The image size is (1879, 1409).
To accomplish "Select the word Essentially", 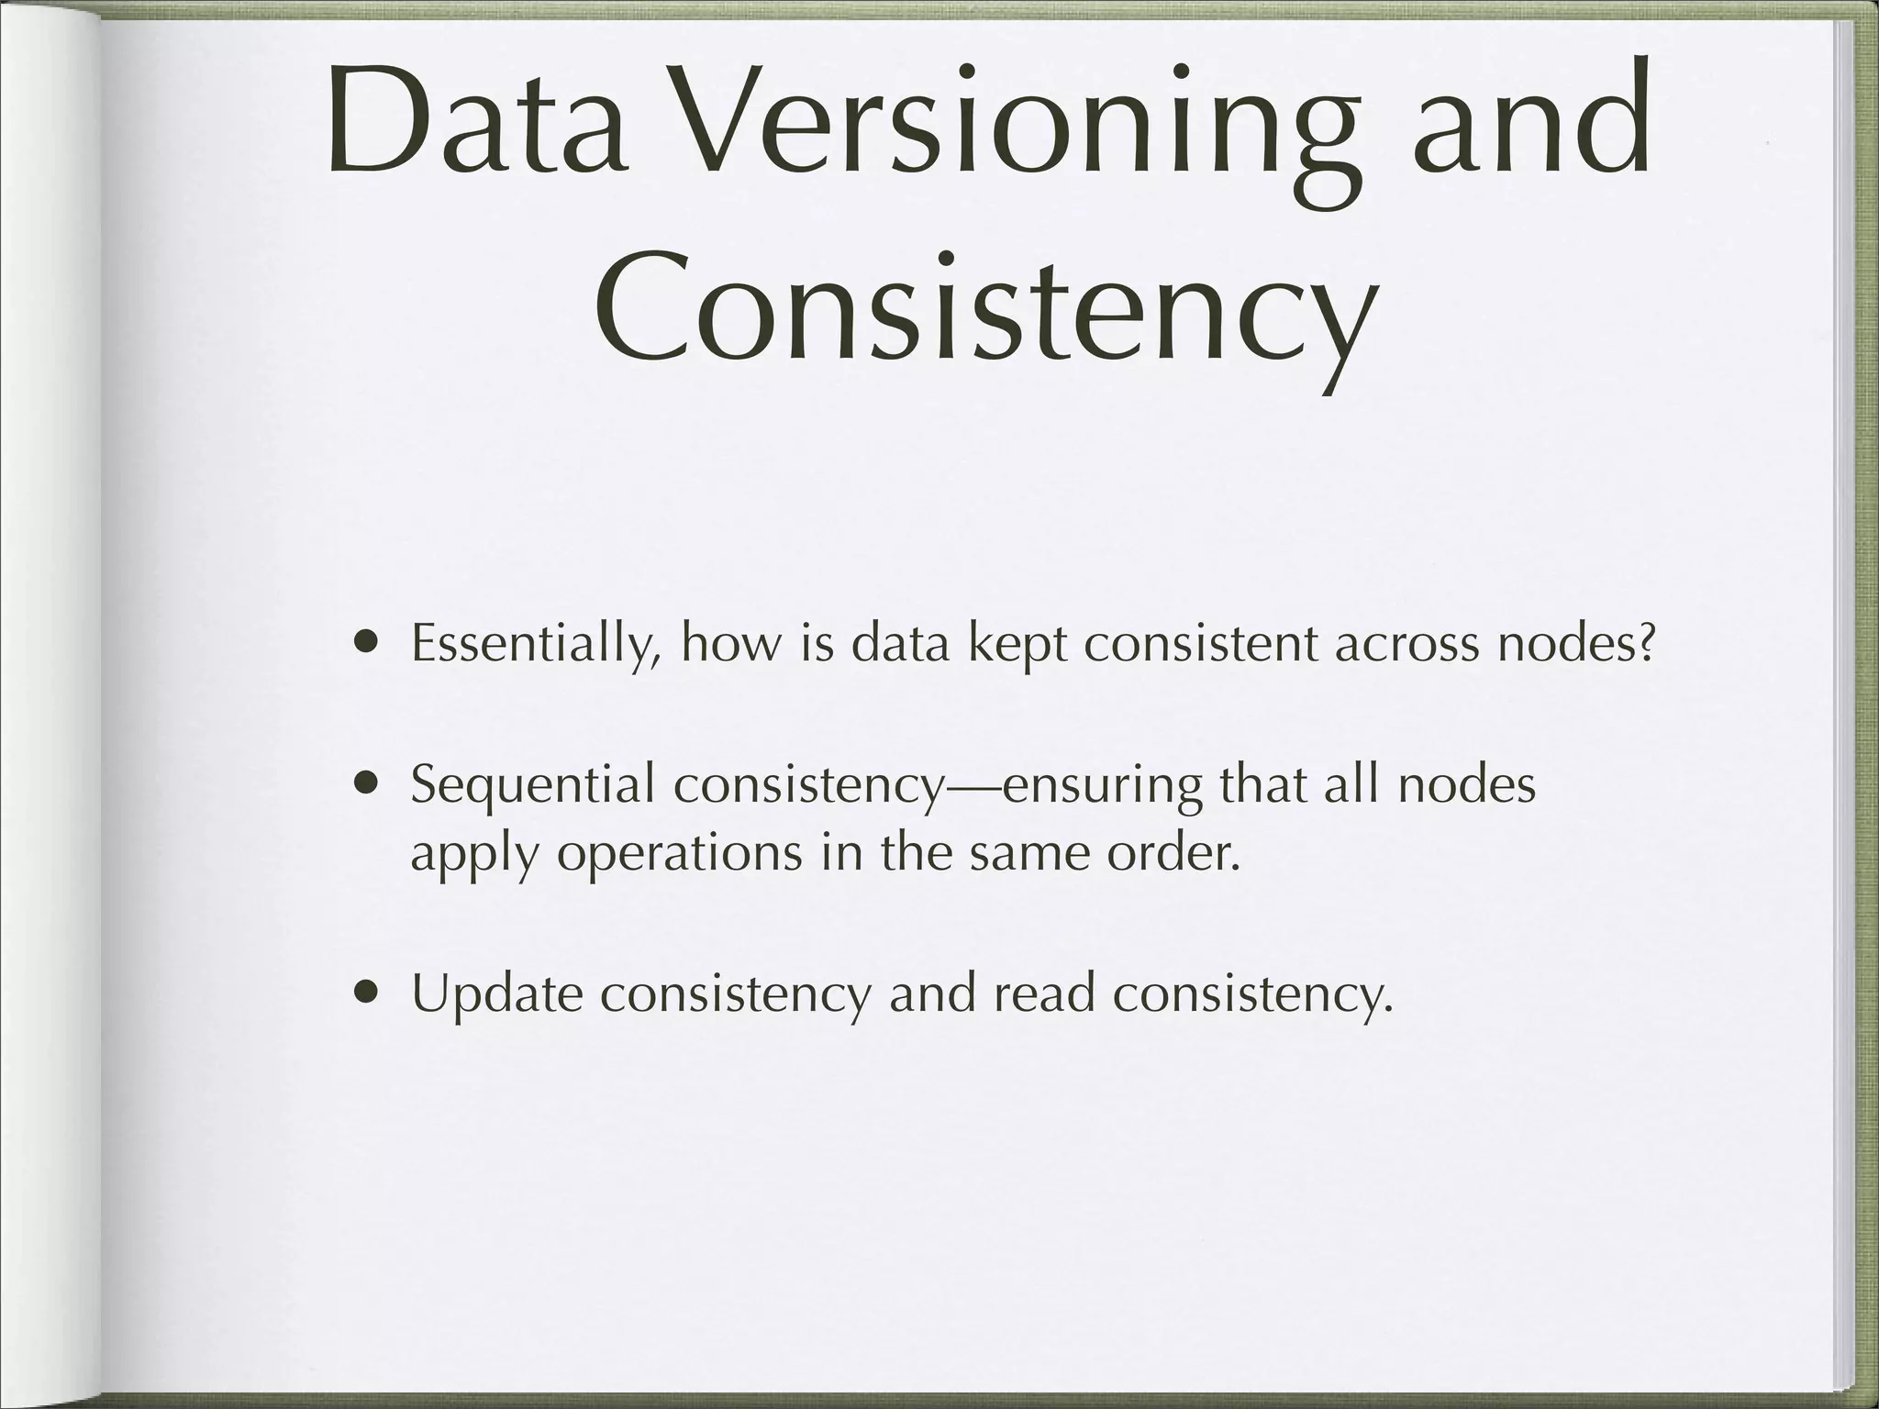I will click(x=536, y=645).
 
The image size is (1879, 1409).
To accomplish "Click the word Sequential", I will click(x=533, y=786).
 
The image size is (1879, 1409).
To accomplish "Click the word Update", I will click(x=497, y=994).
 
